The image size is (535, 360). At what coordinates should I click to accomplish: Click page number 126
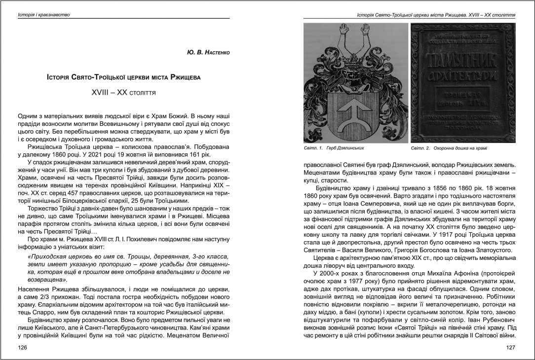(x=21, y=348)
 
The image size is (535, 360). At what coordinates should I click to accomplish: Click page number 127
(x=511, y=348)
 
